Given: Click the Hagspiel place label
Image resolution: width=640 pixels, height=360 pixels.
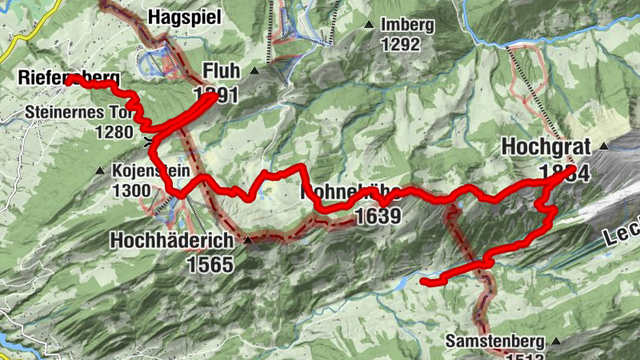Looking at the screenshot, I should click(x=185, y=18).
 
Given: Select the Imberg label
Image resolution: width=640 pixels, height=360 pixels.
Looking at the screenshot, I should click(x=407, y=25).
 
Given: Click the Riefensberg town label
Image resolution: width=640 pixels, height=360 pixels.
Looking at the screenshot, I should click(x=69, y=78).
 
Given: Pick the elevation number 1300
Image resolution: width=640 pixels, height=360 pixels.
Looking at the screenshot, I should click(x=132, y=190).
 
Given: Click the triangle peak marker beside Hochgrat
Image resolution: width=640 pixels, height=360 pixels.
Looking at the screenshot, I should click(x=604, y=146).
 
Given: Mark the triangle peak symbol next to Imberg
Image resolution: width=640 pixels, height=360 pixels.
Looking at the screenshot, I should click(x=369, y=26).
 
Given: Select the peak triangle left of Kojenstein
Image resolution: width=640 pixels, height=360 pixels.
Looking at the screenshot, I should click(x=99, y=171).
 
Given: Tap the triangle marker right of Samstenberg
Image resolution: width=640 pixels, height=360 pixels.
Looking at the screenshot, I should click(x=556, y=341).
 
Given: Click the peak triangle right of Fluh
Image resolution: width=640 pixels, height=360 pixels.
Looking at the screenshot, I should click(x=254, y=71).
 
